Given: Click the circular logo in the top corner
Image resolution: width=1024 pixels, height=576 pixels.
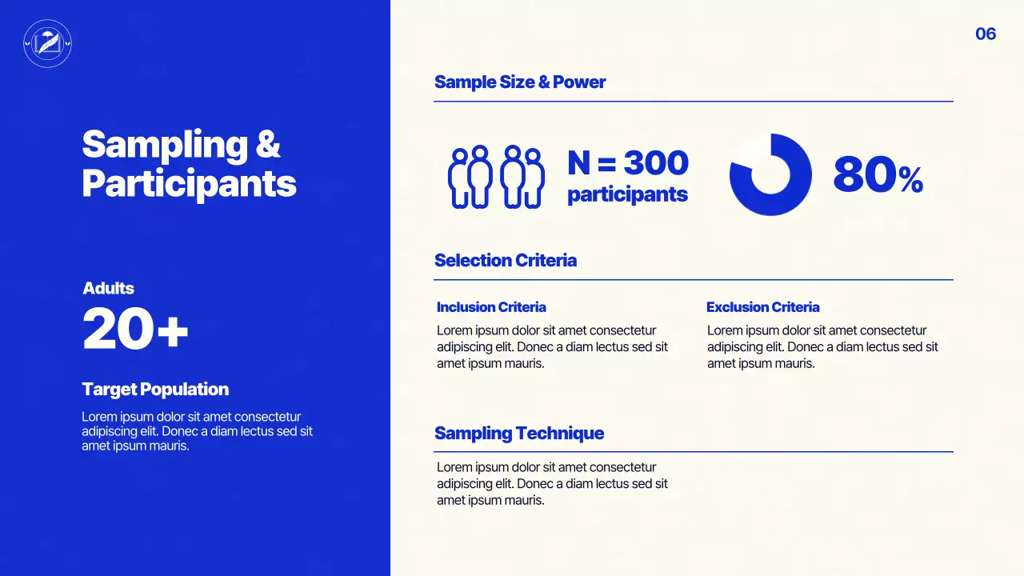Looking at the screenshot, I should [x=48, y=43].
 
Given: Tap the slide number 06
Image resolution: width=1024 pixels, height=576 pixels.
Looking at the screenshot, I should [x=985, y=34].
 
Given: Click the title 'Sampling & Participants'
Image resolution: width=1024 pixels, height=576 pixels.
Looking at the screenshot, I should [x=189, y=164].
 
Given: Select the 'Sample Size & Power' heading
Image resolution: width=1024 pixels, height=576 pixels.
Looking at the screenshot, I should [x=520, y=82].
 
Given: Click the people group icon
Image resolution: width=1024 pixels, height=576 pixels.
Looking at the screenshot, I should [x=496, y=177].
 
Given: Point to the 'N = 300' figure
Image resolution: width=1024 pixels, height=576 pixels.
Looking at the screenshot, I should [x=627, y=163].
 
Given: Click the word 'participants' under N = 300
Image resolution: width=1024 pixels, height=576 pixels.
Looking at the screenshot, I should [x=627, y=194].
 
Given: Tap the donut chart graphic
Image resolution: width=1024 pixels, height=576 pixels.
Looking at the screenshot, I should [x=770, y=174].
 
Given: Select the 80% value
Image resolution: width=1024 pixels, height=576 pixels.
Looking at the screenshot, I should [x=878, y=175].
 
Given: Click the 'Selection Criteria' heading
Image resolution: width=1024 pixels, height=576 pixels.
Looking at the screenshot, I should [x=505, y=260].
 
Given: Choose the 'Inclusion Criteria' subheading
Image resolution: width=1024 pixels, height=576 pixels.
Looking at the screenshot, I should [x=491, y=307].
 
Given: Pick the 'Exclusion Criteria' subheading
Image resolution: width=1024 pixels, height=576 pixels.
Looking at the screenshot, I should [x=762, y=307].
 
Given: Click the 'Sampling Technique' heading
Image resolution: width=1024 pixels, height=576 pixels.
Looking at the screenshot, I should [x=518, y=433].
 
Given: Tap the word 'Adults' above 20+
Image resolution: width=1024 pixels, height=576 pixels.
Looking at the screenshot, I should [x=108, y=288].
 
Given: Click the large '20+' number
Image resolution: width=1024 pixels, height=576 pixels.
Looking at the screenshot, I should [x=135, y=330].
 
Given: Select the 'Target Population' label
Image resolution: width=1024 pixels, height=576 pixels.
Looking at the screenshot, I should [x=155, y=390].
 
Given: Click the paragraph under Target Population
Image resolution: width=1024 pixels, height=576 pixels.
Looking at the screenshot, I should [x=196, y=431].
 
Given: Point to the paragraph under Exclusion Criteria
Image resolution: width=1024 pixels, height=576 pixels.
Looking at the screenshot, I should [x=822, y=347].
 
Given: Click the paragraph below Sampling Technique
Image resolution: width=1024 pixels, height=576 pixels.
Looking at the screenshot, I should [x=551, y=484].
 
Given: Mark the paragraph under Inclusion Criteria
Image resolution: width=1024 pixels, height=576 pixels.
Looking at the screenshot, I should [x=551, y=347].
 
